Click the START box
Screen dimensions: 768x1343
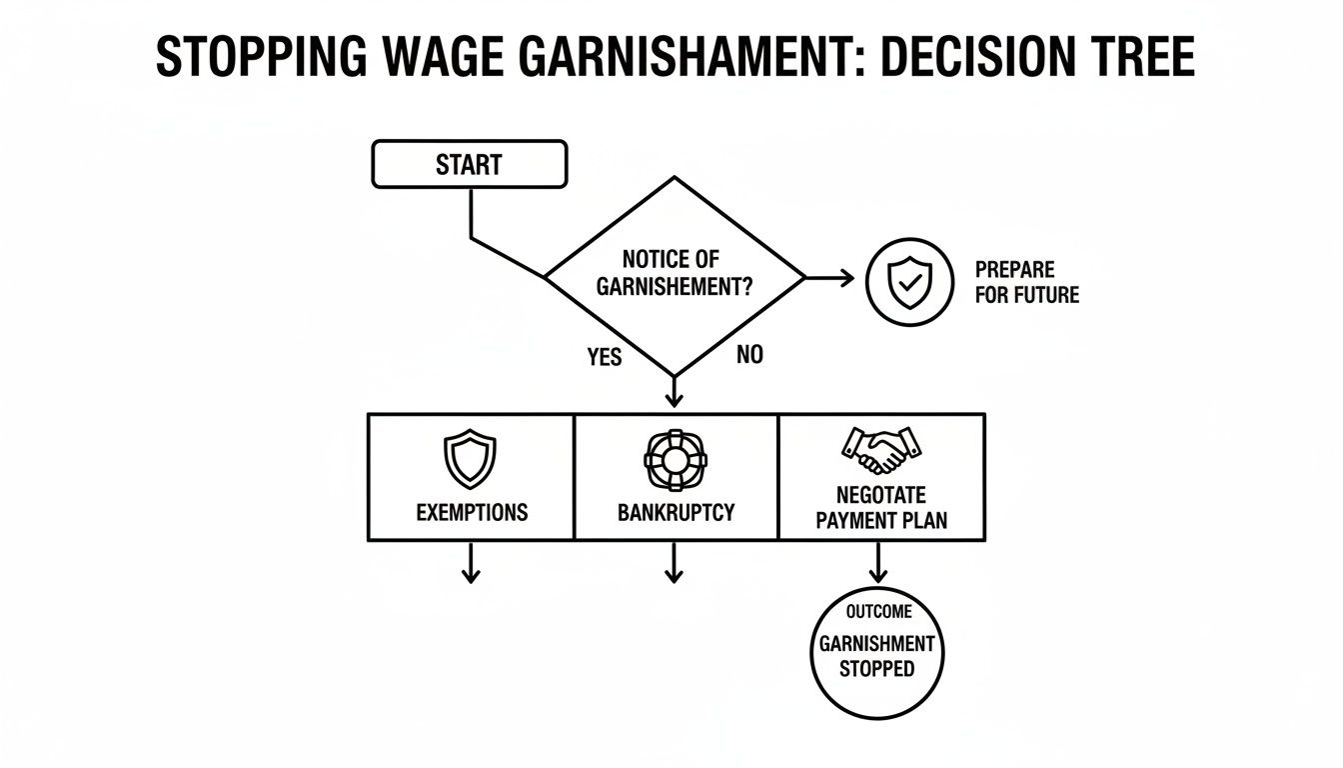469,164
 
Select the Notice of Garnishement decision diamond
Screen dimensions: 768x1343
674,273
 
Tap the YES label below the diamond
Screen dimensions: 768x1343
605,356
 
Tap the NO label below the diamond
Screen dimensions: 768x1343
748,354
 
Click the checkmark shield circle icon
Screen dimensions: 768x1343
905,282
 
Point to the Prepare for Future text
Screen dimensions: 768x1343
1026,283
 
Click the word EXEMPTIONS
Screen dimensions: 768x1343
472,513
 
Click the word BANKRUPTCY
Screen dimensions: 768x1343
675,513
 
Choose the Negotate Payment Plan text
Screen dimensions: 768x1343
880,507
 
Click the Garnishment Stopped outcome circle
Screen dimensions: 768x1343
876,652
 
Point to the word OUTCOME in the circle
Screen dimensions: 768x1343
878,612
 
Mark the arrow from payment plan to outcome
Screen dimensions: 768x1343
877,563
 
